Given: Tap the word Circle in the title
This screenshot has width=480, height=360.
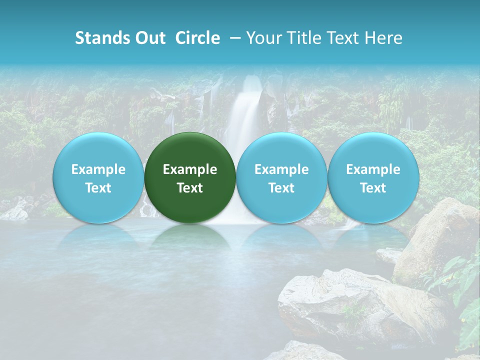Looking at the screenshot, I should pyautogui.click(x=197, y=38).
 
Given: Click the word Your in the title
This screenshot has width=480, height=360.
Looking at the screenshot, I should pyautogui.click(x=262, y=38).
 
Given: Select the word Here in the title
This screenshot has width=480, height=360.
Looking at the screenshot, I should pyautogui.click(x=383, y=38).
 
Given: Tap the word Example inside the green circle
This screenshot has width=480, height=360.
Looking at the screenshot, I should pyautogui.click(x=190, y=169).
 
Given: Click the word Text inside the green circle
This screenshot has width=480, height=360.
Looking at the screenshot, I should pyautogui.click(x=190, y=188).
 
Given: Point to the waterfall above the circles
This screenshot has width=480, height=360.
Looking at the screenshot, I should pyautogui.click(x=245, y=110).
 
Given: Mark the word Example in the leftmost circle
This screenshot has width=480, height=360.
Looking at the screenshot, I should pyautogui.click(x=98, y=169).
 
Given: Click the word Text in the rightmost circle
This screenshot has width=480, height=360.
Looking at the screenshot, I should pyautogui.click(x=373, y=188).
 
